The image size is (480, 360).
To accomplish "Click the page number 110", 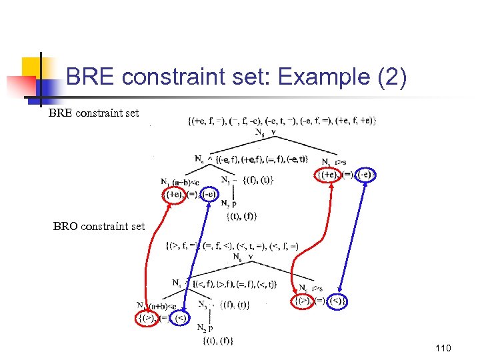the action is [x=442, y=348].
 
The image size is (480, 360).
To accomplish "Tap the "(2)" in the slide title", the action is [x=387, y=78].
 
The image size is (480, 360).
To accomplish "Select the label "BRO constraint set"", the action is [x=99, y=226].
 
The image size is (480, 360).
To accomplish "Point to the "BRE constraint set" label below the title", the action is [x=93, y=113].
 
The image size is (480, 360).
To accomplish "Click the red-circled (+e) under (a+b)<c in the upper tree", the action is [x=175, y=194].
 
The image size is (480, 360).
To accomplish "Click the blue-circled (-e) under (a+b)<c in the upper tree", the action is [x=209, y=194].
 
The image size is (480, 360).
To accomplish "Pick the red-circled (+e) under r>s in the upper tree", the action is [x=327, y=175].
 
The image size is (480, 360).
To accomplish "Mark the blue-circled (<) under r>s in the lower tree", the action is [x=337, y=301].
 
